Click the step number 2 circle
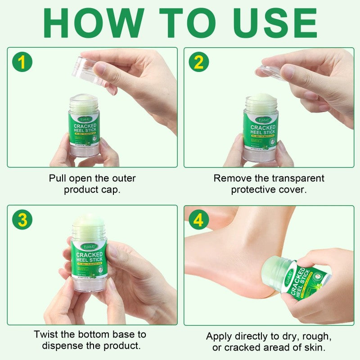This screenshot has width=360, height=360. (x=198, y=62)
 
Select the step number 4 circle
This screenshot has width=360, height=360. (x=198, y=220)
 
